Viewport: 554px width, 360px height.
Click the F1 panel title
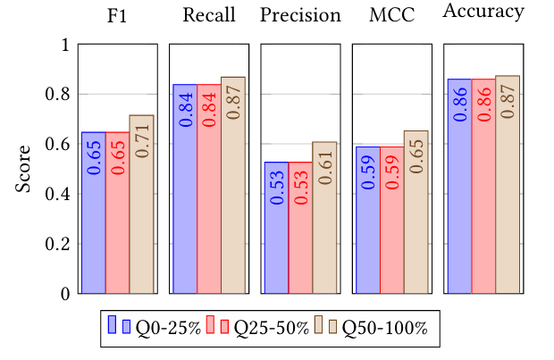click(x=116, y=15)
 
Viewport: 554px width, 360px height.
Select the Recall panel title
click(x=207, y=15)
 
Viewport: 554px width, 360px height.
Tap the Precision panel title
click(x=301, y=15)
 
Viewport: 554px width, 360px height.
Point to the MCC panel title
click(x=391, y=15)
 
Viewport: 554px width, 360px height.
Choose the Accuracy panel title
click(x=483, y=13)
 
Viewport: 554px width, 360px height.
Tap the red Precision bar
click(x=300, y=228)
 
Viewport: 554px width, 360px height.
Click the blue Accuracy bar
click(x=459, y=187)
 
